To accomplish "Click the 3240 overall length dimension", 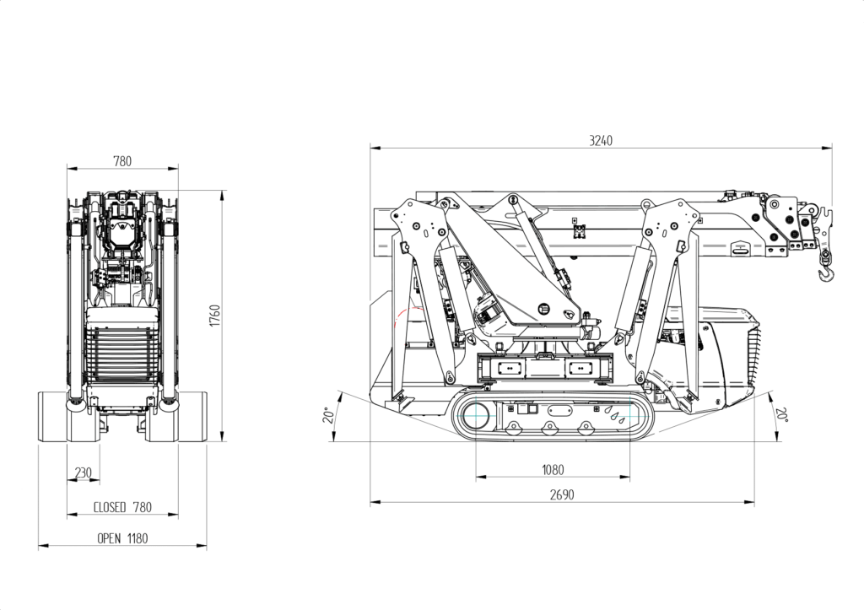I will coord(601,141).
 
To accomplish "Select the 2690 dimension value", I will coord(561,495).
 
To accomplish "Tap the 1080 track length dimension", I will coord(553,470).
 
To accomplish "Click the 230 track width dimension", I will coord(83,473).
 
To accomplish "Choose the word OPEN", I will coord(110,538).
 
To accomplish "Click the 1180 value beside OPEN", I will coord(138,538).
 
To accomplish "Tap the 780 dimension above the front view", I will coord(122,161).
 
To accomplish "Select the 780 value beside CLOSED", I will coord(143,507).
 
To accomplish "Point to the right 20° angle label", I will coord(782,415).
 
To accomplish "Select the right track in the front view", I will coord(192,416).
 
